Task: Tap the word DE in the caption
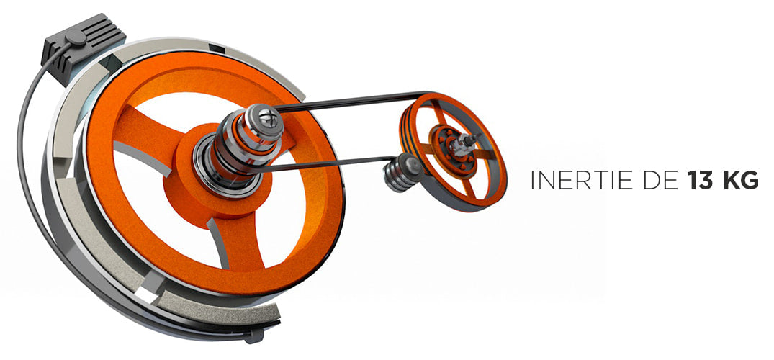[660, 181]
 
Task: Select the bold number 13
[698, 181]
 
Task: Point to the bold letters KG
[739, 181]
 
